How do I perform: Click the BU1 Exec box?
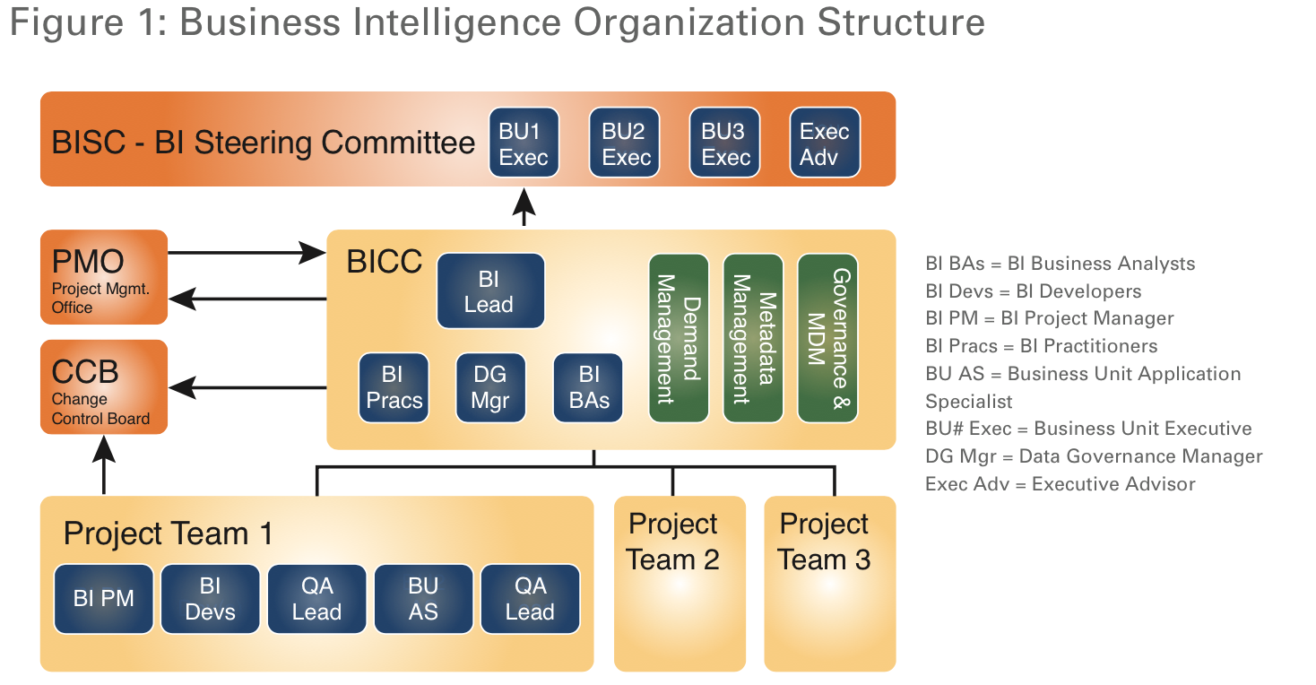(x=524, y=143)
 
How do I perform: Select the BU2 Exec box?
(x=625, y=143)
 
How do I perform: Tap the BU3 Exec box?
(x=724, y=143)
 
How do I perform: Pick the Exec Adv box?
(x=825, y=143)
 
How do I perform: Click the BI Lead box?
(x=490, y=290)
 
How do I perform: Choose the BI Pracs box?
(x=394, y=387)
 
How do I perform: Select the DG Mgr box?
(x=490, y=387)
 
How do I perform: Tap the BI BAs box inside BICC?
(x=589, y=387)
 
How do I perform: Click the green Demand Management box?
(x=679, y=337)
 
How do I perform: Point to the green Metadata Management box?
(x=753, y=337)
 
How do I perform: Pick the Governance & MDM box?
(x=827, y=337)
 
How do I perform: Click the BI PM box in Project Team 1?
(x=104, y=599)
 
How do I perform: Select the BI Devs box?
(x=211, y=599)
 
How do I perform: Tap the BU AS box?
(x=423, y=599)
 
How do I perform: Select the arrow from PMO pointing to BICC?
(x=247, y=253)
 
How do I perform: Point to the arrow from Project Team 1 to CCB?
(x=105, y=464)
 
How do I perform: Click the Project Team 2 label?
(x=673, y=542)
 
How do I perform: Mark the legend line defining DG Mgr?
(x=1094, y=456)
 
